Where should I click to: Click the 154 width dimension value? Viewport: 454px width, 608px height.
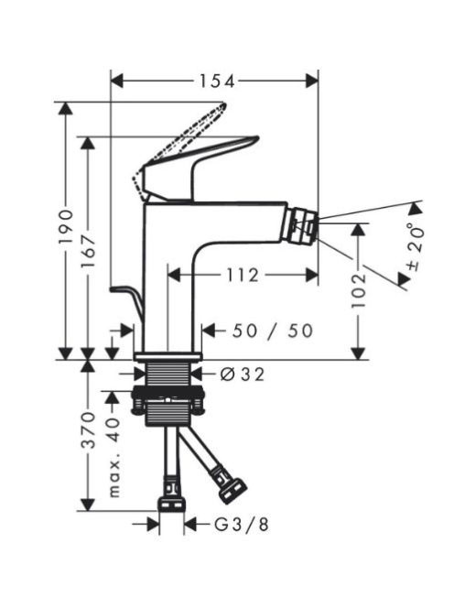(217, 81)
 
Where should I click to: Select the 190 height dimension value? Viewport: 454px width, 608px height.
(66, 227)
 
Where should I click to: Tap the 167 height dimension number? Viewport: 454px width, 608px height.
(89, 251)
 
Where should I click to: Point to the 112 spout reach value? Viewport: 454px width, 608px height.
(243, 276)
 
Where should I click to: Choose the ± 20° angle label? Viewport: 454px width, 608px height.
(416, 247)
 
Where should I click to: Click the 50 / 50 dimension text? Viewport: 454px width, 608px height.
(273, 331)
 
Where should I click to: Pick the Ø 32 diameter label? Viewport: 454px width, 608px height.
(243, 375)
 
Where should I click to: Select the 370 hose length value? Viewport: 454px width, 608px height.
(89, 430)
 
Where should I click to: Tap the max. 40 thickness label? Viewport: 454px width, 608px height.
(115, 458)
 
